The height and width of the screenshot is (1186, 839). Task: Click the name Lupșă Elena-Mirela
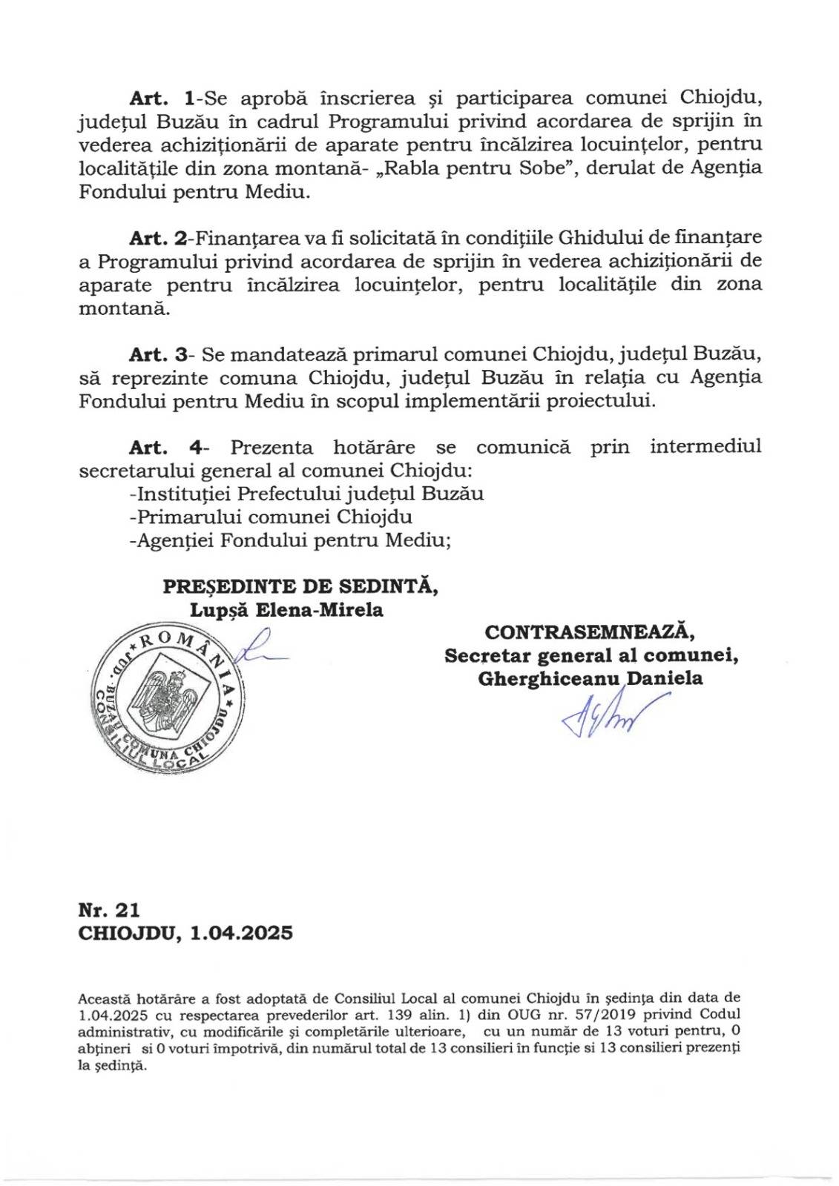point(286,610)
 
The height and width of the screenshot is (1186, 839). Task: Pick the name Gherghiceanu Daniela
point(590,678)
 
